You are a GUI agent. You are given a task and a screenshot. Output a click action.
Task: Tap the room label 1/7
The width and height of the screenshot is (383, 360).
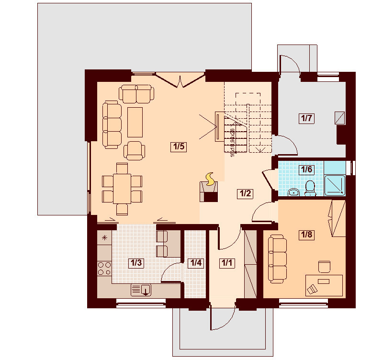point(306,118)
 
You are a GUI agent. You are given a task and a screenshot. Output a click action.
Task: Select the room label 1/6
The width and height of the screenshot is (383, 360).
point(306,169)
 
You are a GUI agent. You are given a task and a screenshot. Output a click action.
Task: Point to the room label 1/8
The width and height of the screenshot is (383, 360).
point(306,235)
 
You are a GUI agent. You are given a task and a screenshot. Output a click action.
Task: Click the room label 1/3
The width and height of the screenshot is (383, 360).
point(136,263)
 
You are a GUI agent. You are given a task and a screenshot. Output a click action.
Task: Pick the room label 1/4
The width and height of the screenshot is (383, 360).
point(195,263)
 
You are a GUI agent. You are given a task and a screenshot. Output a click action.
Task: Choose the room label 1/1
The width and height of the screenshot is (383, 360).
point(226,263)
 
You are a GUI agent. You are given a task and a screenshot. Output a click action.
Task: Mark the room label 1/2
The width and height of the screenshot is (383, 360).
point(245,193)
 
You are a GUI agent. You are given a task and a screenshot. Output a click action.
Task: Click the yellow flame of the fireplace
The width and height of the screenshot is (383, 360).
point(210,179)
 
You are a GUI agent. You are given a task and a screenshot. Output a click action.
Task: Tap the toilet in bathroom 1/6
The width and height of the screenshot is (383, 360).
point(310,188)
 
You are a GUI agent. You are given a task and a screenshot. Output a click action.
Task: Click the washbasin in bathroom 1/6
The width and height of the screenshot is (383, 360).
point(294,192)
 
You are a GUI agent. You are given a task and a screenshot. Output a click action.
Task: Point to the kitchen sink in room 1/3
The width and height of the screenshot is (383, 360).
point(141,289)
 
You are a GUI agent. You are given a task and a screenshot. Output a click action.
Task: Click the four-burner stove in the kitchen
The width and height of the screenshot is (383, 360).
point(104,269)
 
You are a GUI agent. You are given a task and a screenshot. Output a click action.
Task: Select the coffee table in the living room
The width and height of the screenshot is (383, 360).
point(135,122)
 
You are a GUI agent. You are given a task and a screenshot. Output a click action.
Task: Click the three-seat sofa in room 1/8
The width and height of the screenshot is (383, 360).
point(277,258)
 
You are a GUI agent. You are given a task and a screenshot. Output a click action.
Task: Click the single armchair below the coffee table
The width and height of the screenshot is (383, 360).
point(135,150)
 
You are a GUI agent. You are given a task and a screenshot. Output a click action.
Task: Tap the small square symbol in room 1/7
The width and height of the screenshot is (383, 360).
point(339,118)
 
